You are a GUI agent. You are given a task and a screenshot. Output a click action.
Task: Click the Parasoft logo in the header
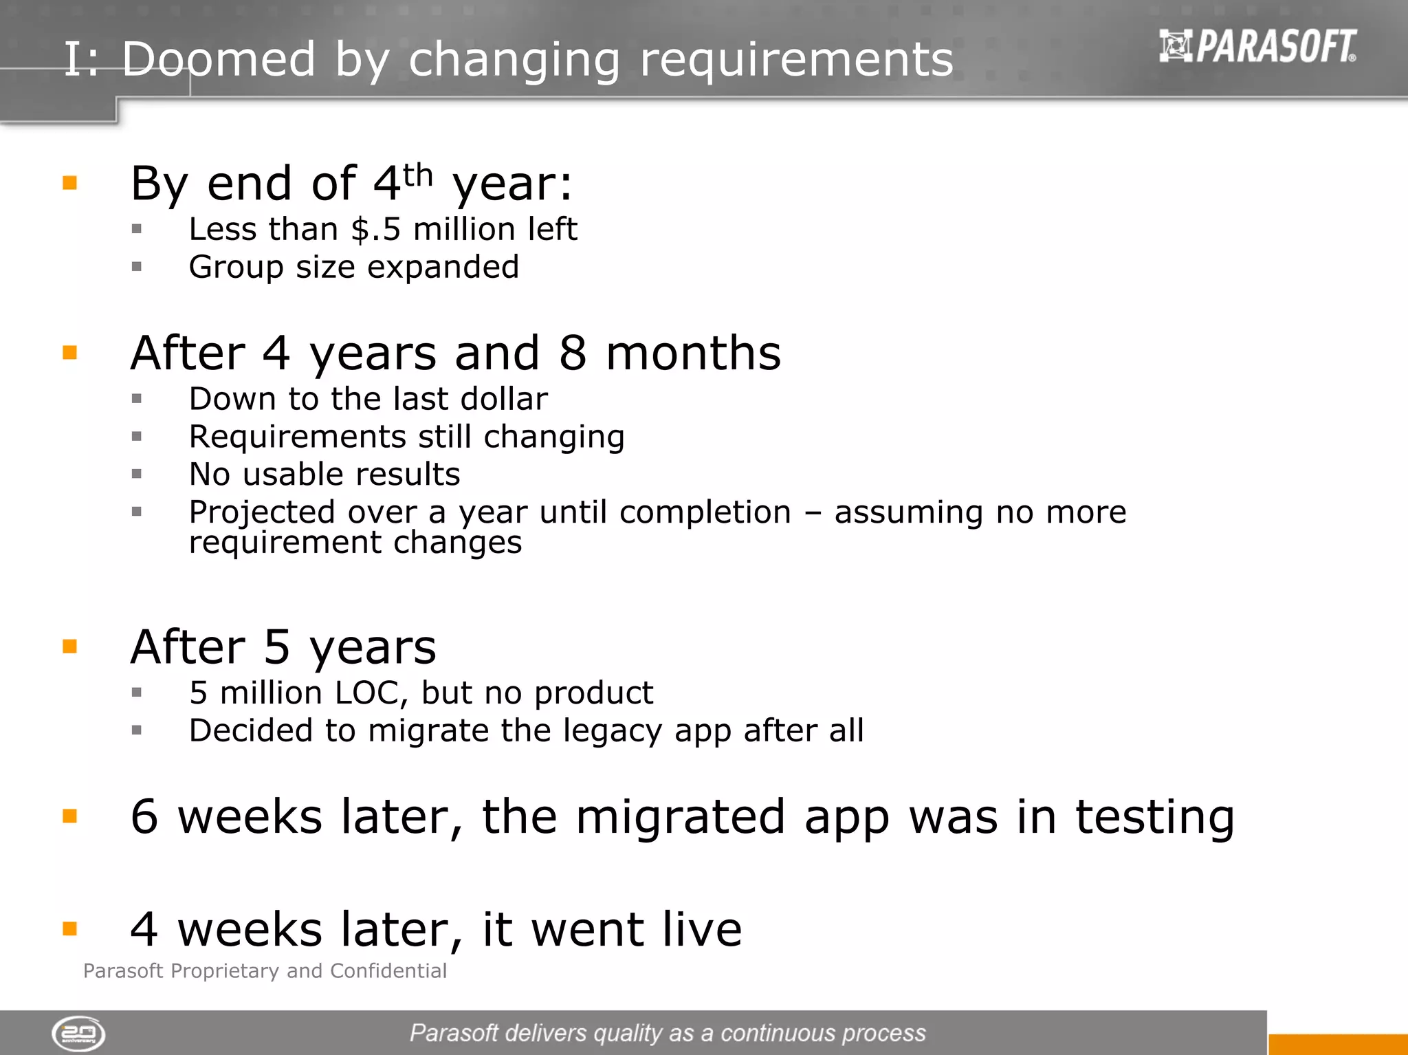pos(1257,46)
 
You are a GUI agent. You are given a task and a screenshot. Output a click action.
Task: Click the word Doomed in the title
pos(219,59)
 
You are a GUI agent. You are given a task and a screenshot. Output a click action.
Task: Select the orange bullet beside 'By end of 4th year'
pos(69,183)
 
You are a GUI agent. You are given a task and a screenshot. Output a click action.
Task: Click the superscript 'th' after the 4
pos(418,175)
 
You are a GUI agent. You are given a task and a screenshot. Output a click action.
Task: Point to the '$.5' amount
pos(375,229)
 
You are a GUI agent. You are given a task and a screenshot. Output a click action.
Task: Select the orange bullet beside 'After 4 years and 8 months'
pos(69,353)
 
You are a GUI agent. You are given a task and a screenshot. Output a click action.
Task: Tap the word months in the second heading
pos(693,354)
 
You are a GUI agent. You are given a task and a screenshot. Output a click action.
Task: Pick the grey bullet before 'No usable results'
pos(137,474)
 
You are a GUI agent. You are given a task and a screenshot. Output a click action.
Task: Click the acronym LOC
pos(366,693)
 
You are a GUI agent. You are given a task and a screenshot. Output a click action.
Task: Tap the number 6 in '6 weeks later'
pos(144,817)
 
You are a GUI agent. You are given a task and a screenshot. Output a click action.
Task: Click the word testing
pos(1155,818)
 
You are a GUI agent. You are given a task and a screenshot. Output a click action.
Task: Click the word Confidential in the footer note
pos(388,970)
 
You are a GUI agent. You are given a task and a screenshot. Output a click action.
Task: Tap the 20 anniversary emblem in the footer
pos(78,1033)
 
